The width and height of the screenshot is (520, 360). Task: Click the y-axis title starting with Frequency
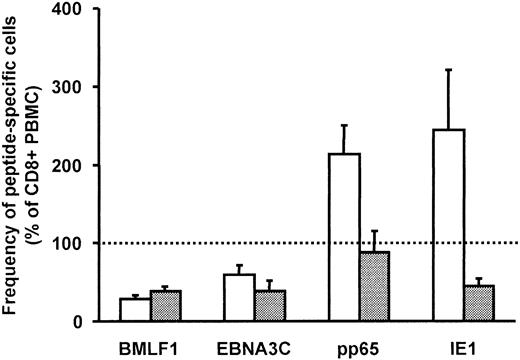point(20,165)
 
